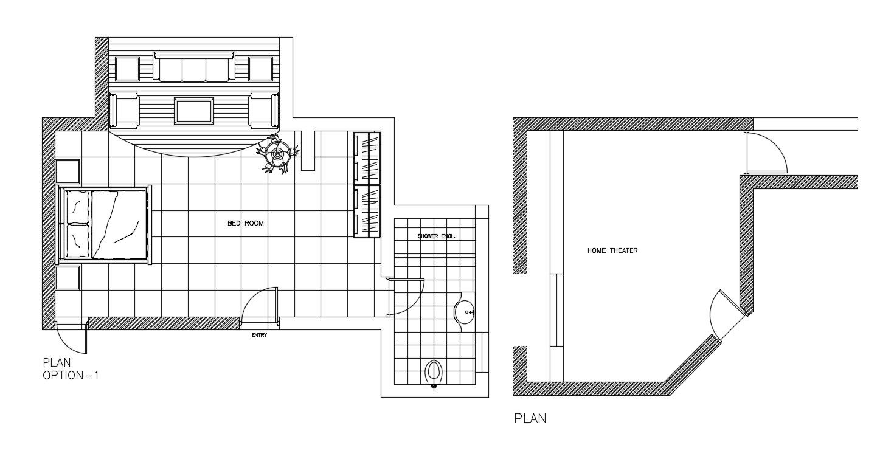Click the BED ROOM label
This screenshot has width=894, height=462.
246,224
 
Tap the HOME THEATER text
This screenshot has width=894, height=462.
612,250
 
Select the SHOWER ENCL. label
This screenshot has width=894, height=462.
436,236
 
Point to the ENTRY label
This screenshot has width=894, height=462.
260,335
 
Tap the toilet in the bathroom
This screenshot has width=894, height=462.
434,374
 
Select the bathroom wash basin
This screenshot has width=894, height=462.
465,312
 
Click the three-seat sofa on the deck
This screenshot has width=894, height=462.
194,67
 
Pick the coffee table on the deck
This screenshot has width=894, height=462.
193,111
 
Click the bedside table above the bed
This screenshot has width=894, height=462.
68,172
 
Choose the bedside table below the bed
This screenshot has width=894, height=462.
68,278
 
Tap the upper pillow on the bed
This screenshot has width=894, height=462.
77,207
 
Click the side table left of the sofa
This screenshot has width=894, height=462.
127,69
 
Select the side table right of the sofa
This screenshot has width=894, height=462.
261,69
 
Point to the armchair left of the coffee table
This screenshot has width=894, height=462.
123,111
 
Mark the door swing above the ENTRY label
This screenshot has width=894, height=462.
258,304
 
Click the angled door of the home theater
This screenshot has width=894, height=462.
722,315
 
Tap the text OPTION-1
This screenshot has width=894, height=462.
71,376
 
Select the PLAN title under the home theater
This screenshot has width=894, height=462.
530,418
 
